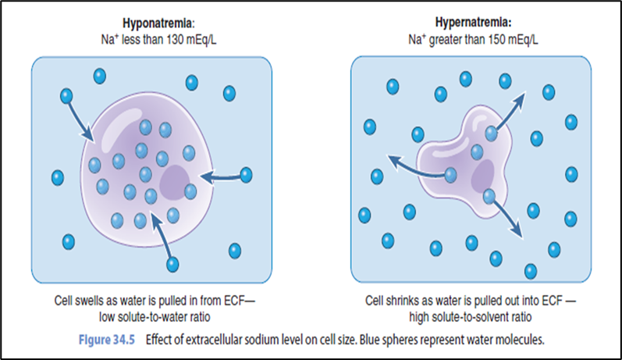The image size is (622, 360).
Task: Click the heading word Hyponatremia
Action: [x=158, y=23]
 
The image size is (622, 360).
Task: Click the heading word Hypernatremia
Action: [x=472, y=22]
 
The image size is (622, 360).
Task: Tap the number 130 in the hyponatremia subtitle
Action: [x=175, y=40]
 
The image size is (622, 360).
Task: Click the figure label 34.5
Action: [x=124, y=340]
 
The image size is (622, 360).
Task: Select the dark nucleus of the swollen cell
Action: [x=175, y=183]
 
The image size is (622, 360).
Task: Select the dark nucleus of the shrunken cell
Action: [x=482, y=176]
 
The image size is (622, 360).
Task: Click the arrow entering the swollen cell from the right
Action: [x=221, y=176]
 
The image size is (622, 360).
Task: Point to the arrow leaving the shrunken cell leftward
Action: [x=418, y=167]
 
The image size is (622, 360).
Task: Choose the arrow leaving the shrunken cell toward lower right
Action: [x=506, y=218]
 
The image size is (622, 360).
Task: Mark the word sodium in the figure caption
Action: [x=260, y=340]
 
